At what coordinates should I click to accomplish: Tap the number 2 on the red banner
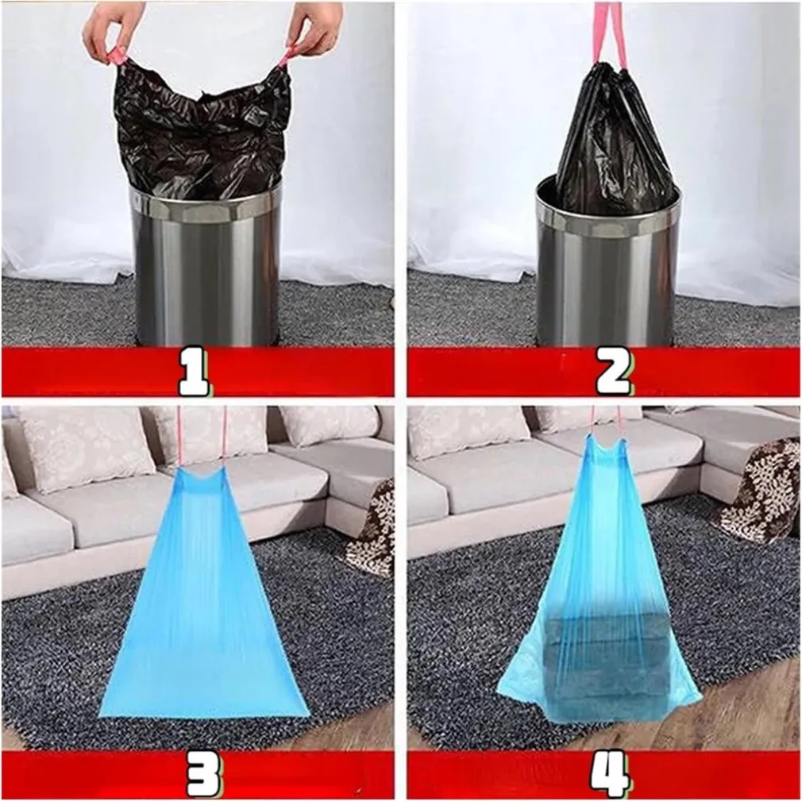point(613,372)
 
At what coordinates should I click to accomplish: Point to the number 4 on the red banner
point(609,774)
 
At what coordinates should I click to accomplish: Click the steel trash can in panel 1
point(206,266)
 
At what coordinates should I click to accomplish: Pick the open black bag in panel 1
point(202,130)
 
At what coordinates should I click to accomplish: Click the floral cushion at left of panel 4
point(468,431)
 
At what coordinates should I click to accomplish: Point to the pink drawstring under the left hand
point(115,56)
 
